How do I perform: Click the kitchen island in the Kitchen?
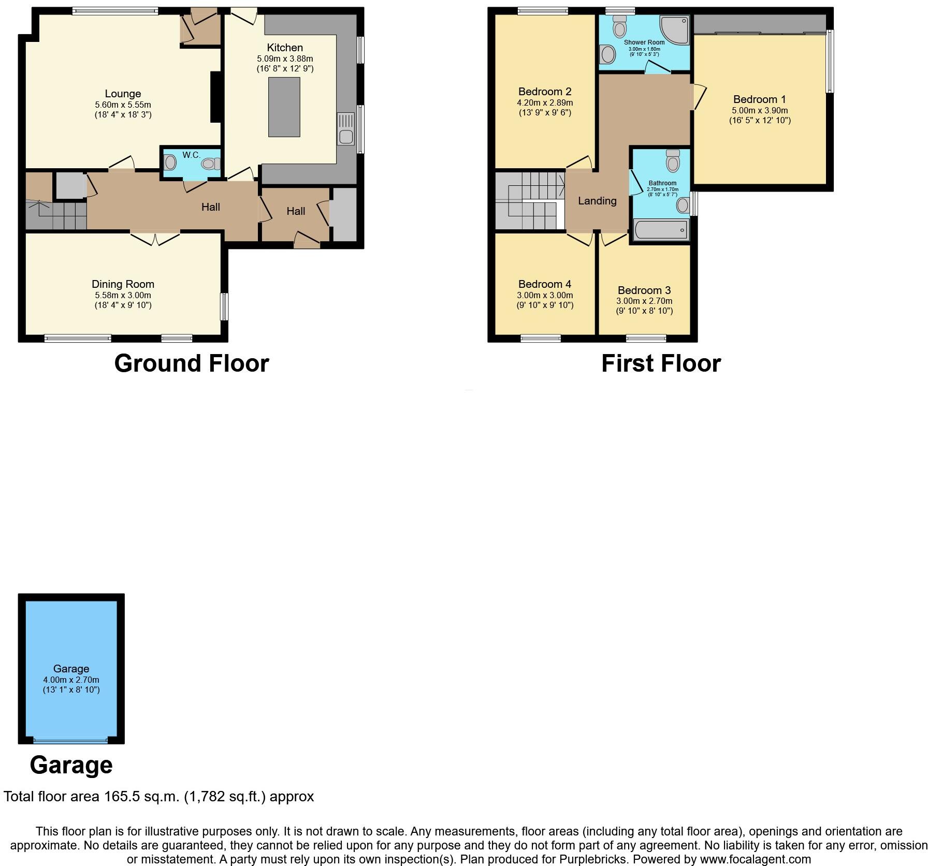[x=284, y=107]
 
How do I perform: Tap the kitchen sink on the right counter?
[x=345, y=129]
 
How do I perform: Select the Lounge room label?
[x=123, y=94]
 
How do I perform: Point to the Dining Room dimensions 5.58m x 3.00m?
[x=123, y=295]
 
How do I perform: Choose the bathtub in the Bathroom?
[x=661, y=230]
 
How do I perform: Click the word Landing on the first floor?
[x=597, y=201]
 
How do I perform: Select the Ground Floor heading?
[x=191, y=363]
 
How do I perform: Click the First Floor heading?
[x=660, y=363]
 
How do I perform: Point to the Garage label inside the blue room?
[x=71, y=669]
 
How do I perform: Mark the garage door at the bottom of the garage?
[x=70, y=741]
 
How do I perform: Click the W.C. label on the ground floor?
[x=191, y=155]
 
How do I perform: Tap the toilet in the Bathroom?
[x=673, y=162]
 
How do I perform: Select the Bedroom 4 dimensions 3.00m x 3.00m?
[x=545, y=295]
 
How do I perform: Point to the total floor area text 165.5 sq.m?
[x=158, y=796]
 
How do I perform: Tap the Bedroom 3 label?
[x=644, y=290]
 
